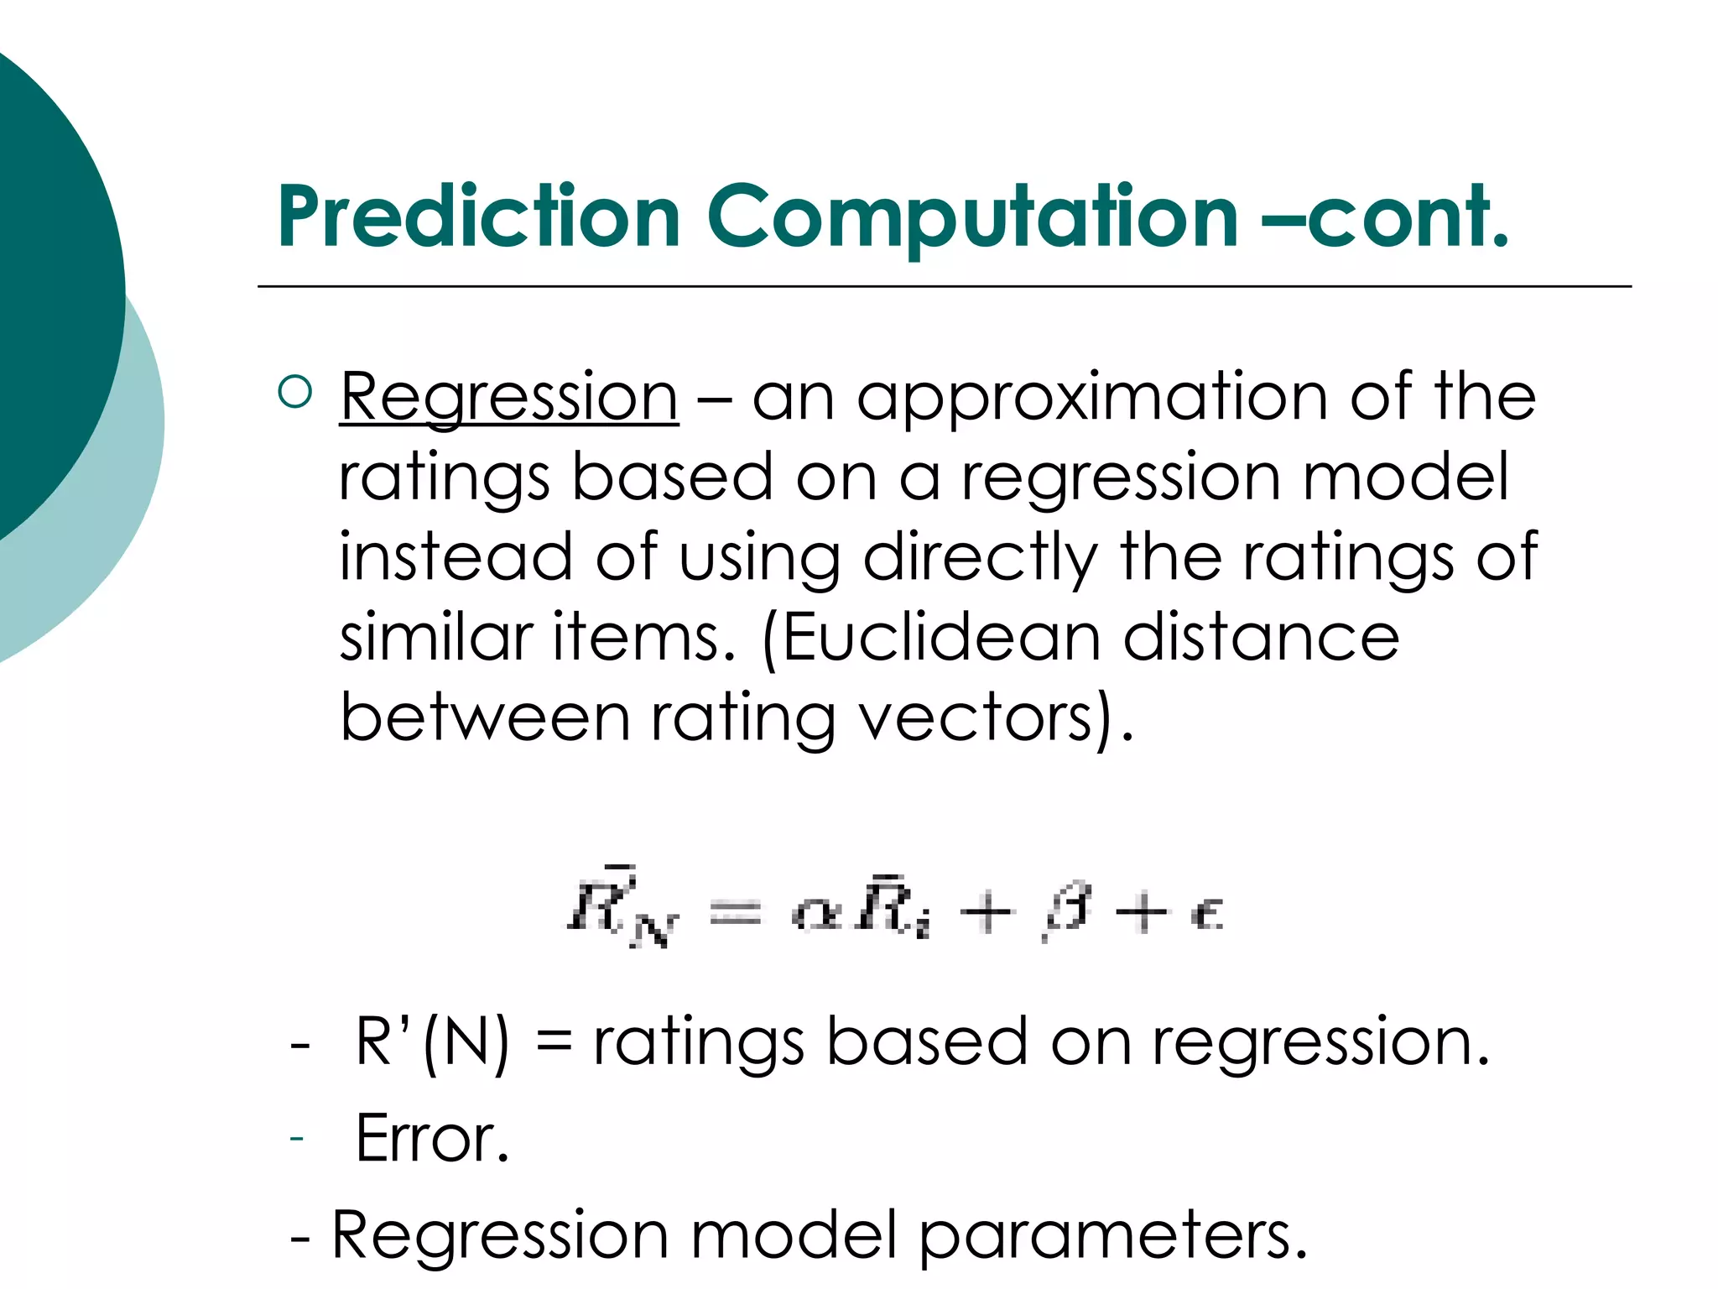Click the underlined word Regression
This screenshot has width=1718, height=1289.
pos(508,397)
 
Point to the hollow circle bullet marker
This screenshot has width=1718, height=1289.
pos(294,391)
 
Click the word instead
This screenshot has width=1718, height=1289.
pos(456,557)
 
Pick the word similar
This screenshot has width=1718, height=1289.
pos(435,638)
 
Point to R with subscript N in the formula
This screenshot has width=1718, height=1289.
pos(621,911)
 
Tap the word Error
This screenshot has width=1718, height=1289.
pos(432,1139)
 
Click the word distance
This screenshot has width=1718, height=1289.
pos(1261,638)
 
